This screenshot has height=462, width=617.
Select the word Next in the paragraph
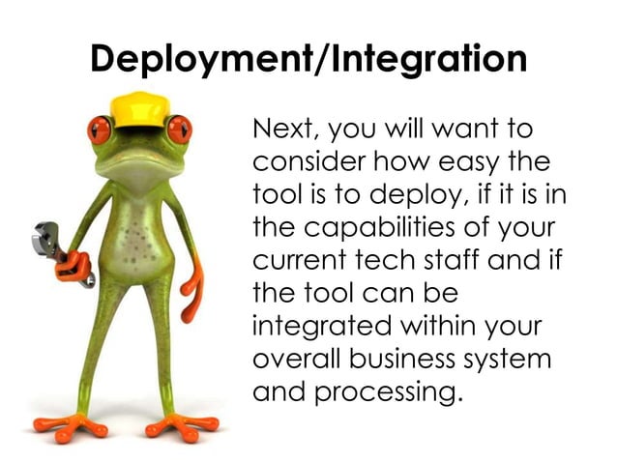282,129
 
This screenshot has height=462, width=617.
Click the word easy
457,162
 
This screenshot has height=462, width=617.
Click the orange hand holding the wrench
73,265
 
